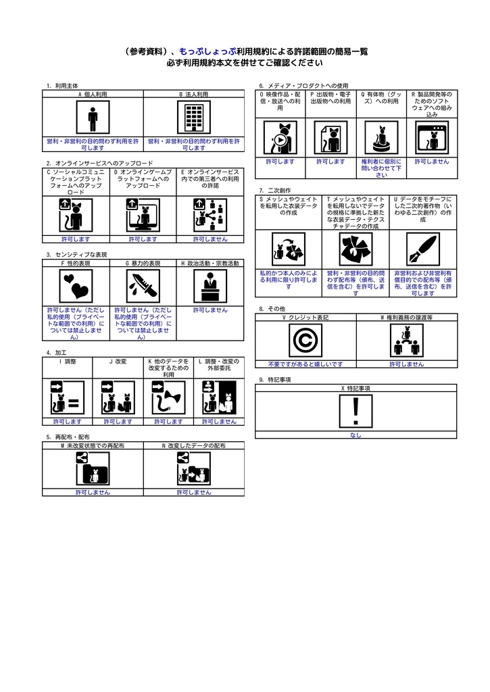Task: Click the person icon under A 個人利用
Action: pyautogui.click(x=93, y=117)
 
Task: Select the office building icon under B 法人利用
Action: pyautogui.click(x=194, y=117)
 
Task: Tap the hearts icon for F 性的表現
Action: pyautogui.click(x=76, y=286)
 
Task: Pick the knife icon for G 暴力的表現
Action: pyautogui.click(x=143, y=286)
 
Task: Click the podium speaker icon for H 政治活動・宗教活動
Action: pyautogui.click(x=210, y=286)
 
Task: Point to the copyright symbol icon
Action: pyautogui.click(x=305, y=341)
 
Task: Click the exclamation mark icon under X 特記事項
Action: pyautogui.click(x=356, y=411)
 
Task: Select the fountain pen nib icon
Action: pyautogui.click(x=423, y=249)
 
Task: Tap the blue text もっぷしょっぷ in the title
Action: pyautogui.click(x=207, y=51)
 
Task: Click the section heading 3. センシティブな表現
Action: pyautogui.click(x=77, y=255)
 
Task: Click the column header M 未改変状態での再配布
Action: pyautogui.click(x=93, y=446)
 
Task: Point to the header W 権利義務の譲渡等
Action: pyautogui.click(x=407, y=318)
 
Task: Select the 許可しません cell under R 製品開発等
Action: pyautogui.click(x=432, y=162)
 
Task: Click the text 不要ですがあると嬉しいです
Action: pyautogui.click(x=305, y=364)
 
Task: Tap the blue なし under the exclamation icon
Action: pyautogui.click(x=356, y=435)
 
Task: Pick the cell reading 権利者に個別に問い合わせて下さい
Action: pyautogui.click(x=381, y=168)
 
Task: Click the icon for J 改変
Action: pyautogui.click(x=118, y=397)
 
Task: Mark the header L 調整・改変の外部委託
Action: pyautogui.click(x=219, y=364)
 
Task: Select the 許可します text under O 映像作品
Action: pyautogui.click(x=280, y=162)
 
